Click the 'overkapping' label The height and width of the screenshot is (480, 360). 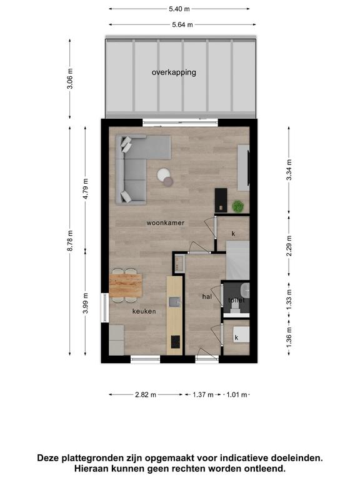pos(174,72)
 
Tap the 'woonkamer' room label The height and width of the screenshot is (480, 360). pos(165,223)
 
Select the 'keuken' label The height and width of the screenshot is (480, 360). pos(144,311)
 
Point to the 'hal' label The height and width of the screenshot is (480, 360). pos(207,297)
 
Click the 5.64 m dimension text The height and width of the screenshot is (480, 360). pos(182,25)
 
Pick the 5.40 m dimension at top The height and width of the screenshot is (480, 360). pos(179,9)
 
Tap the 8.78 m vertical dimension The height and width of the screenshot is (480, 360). pos(70,241)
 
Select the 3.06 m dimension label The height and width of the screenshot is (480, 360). pos(70,78)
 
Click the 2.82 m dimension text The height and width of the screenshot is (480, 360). pos(146,395)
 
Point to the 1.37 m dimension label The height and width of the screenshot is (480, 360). pos(203,395)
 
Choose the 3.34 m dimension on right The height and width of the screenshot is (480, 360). pos(289,170)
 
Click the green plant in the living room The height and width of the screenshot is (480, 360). pos(237,206)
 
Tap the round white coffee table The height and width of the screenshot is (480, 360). pos(164,174)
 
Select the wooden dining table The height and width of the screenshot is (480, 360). pos(126,286)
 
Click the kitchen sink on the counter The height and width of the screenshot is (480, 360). pos(175,302)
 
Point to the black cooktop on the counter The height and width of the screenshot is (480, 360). pos(176,342)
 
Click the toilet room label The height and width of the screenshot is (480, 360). pos(237,300)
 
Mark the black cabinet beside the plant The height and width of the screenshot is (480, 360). pos(221,200)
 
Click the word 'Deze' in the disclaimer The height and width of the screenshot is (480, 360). pos(47,458)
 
